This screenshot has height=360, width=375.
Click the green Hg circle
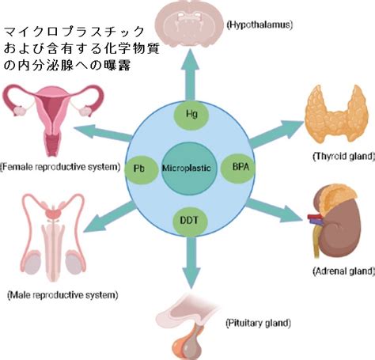191,115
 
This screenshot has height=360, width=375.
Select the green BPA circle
238,168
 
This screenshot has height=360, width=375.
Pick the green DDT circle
190,221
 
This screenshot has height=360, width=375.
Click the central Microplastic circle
189,169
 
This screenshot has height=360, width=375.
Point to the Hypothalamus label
259,25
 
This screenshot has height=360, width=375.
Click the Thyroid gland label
343,157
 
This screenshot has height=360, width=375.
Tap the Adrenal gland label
343,271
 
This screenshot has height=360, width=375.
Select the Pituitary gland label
259,323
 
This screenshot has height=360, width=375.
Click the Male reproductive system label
62,295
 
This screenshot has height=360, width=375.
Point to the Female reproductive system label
60,167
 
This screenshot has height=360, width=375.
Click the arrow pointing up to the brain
191,74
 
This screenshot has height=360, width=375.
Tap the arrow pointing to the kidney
275,210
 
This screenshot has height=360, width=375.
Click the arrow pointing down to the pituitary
191,262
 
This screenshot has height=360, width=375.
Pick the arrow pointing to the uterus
103,132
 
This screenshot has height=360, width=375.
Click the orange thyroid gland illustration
336,112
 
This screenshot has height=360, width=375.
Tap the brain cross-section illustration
188,22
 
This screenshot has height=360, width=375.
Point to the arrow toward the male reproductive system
110,217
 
